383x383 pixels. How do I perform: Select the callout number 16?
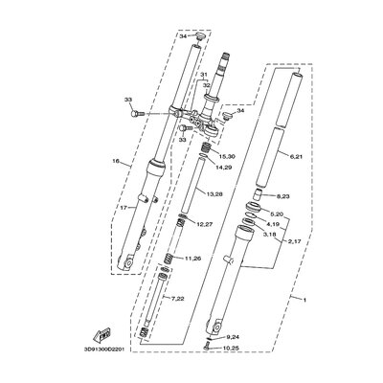pos(115,163)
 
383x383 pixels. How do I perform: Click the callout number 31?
pos(202,75)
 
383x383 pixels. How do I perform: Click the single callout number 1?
pos(331,301)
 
